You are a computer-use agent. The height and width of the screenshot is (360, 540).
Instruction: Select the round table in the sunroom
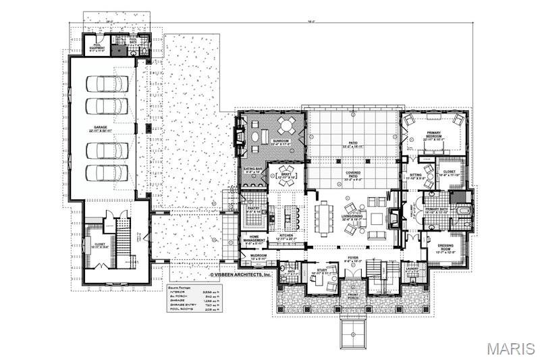(x=286, y=125)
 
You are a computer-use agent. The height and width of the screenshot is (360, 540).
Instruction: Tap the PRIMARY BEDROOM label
(x=433, y=136)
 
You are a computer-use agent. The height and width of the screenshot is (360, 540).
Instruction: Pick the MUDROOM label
(x=259, y=257)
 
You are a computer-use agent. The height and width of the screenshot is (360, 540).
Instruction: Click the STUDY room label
(x=323, y=271)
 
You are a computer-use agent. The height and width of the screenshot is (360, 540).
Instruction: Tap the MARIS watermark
(x=511, y=349)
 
